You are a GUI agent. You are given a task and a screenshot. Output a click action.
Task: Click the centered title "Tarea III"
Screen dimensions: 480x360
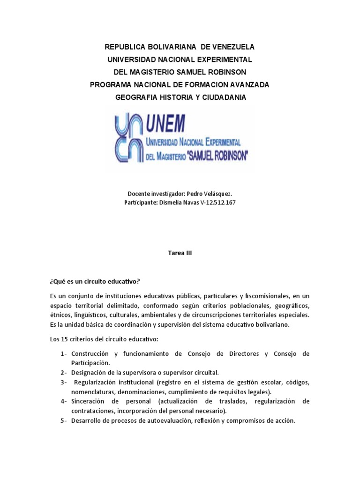(180, 253)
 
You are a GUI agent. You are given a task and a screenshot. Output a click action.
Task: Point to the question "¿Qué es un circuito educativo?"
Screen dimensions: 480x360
(95, 281)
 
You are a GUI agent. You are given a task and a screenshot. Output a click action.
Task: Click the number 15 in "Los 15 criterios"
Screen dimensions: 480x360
(63, 339)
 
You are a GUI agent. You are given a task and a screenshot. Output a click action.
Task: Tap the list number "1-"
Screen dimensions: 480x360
(64, 354)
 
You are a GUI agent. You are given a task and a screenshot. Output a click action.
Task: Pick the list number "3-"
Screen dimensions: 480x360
(64, 382)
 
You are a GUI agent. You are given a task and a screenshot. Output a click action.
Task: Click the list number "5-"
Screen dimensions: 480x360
(64, 421)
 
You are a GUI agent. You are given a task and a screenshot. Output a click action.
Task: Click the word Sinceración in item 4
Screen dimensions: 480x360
(90, 402)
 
